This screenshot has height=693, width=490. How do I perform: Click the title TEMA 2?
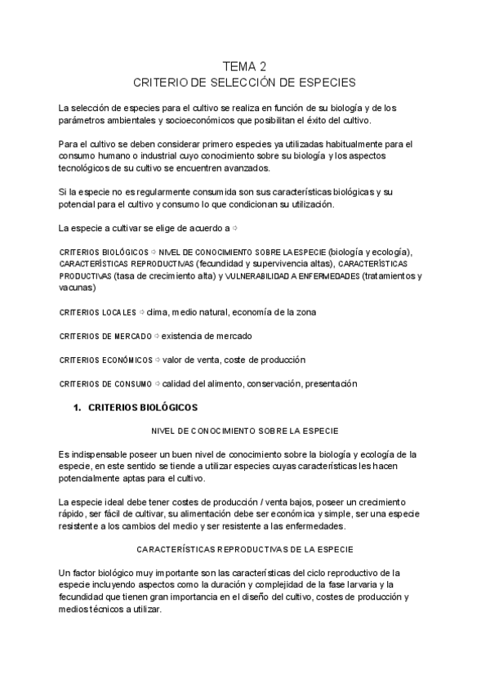[245, 66]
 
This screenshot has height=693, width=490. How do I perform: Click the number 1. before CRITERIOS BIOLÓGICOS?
[78, 407]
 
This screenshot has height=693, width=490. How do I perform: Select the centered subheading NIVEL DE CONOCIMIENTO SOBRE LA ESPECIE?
[245, 431]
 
